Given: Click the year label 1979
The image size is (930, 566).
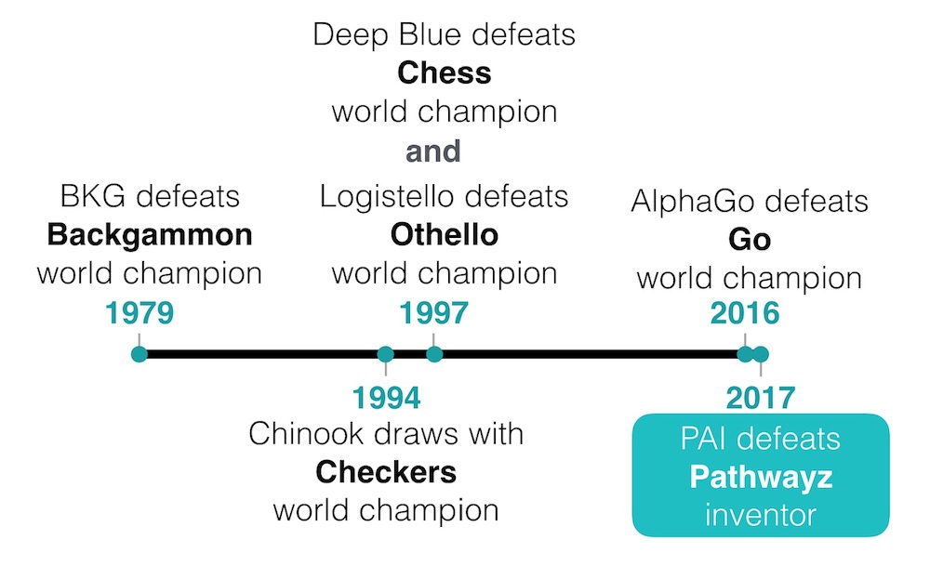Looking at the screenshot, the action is pos(139,313).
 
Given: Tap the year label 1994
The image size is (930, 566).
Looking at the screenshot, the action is pos(386,398).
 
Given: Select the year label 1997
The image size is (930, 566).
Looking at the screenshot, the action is pos(433,313).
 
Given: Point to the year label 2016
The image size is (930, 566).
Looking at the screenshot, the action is pos(745,313).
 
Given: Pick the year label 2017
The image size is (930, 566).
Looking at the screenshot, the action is pos(761,398).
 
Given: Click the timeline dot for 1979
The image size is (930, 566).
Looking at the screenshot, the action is pos(139,354).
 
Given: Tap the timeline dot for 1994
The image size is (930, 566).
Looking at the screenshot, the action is pos(386,354).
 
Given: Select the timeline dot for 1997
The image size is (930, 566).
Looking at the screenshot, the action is pos(434,354).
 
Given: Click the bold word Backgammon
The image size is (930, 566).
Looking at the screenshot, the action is pos(150,235).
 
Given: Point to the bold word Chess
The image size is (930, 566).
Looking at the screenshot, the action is pos(445,72).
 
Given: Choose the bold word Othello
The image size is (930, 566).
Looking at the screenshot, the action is pos(445,235).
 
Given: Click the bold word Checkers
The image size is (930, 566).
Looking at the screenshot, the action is pos(386,472).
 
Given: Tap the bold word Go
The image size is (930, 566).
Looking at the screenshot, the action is pos(750,240).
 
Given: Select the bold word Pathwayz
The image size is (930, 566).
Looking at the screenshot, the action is pos(761,478).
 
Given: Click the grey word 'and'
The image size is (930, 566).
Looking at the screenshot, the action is pos(433,151).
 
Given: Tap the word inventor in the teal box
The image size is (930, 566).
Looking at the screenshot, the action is pos(761,515).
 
